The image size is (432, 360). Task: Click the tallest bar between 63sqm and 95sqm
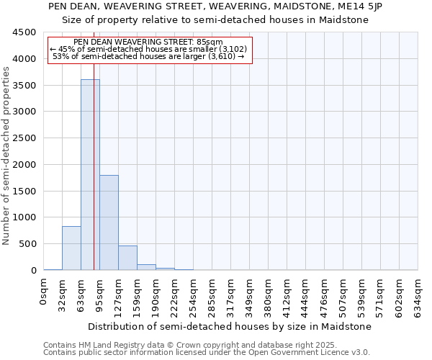tap(90, 175)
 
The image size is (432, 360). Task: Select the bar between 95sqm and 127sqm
tap(109, 222)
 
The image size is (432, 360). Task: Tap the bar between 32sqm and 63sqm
tap(71, 248)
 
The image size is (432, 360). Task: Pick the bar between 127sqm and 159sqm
tap(127, 258)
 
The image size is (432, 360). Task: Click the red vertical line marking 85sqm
tap(94, 180)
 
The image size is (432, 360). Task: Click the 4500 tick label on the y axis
tap(24, 32)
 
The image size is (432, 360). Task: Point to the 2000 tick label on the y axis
tap(24, 165)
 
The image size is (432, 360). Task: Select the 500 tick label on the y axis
tap(27, 244)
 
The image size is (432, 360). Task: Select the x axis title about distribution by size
tap(230, 327)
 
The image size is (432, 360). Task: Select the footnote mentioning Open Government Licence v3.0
tap(207, 352)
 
